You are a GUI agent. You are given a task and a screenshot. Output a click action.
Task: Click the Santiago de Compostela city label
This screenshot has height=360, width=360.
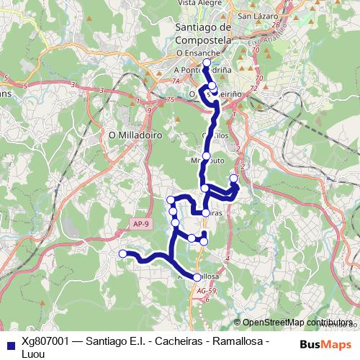click(x=202, y=34)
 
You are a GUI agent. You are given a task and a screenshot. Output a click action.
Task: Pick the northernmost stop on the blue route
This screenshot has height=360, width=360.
click(x=207, y=63)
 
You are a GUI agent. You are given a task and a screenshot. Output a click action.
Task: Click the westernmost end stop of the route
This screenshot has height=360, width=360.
click(x=123, y=253)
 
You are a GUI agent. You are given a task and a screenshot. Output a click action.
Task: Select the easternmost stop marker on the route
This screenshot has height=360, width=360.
click(x=233, y=179)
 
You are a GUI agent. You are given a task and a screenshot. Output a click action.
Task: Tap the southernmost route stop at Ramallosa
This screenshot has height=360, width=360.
click(x=197, y=277)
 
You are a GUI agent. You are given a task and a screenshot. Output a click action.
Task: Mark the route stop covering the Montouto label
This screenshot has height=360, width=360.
click(x=206, y=156)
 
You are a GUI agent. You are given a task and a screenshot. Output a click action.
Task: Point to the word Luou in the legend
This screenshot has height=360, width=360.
click(x=34, y=354)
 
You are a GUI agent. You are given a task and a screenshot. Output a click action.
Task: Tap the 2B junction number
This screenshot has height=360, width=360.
click(x=275, y=25)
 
